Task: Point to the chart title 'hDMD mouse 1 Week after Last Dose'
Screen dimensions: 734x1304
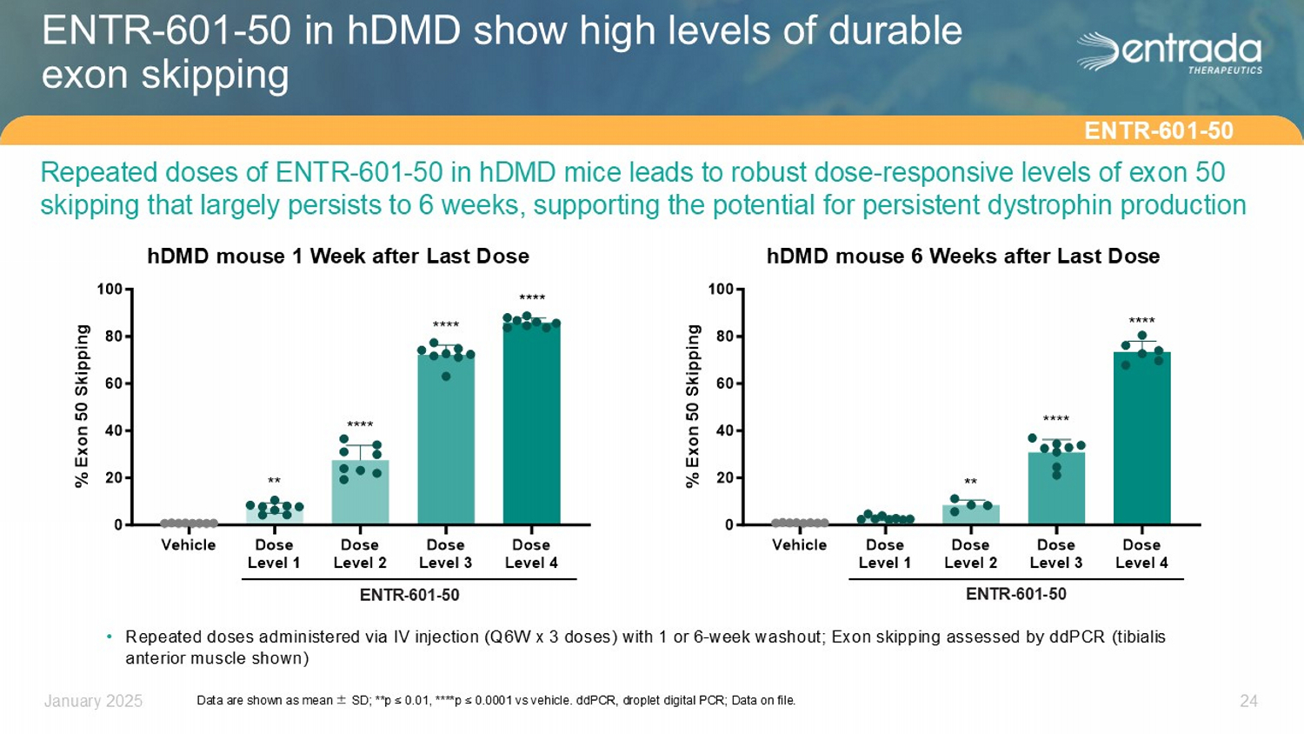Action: pyautogui.click(x=338, y=257)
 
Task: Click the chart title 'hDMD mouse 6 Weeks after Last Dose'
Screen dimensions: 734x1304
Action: pyautogui.click(x=962, y=257)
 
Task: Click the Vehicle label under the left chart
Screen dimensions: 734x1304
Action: pyautogui.click(x=188, y=545)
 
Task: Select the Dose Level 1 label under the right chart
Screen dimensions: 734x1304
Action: pyautogui.click(x=885, y=554)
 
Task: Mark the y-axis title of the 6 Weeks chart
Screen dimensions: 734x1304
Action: pyautogui.click(x=693, y=405)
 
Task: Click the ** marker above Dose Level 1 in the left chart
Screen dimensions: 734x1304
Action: pyautogui.click(x=274, y=481)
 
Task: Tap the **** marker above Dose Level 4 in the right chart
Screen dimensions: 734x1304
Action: pyautogui.click(x=1141, y=321)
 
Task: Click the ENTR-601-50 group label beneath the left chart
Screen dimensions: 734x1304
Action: pyautogui.click(x=409, y=595)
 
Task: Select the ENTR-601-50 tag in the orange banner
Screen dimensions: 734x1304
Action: pyautogui.click(x=1158, y=131)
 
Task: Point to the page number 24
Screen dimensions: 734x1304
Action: pyautogui.click(x=1248, y=701)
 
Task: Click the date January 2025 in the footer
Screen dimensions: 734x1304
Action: pyautogui.click(x=93, y=701)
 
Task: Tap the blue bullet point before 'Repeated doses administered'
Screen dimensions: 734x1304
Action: pyautogui.click(x=110, y=637)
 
